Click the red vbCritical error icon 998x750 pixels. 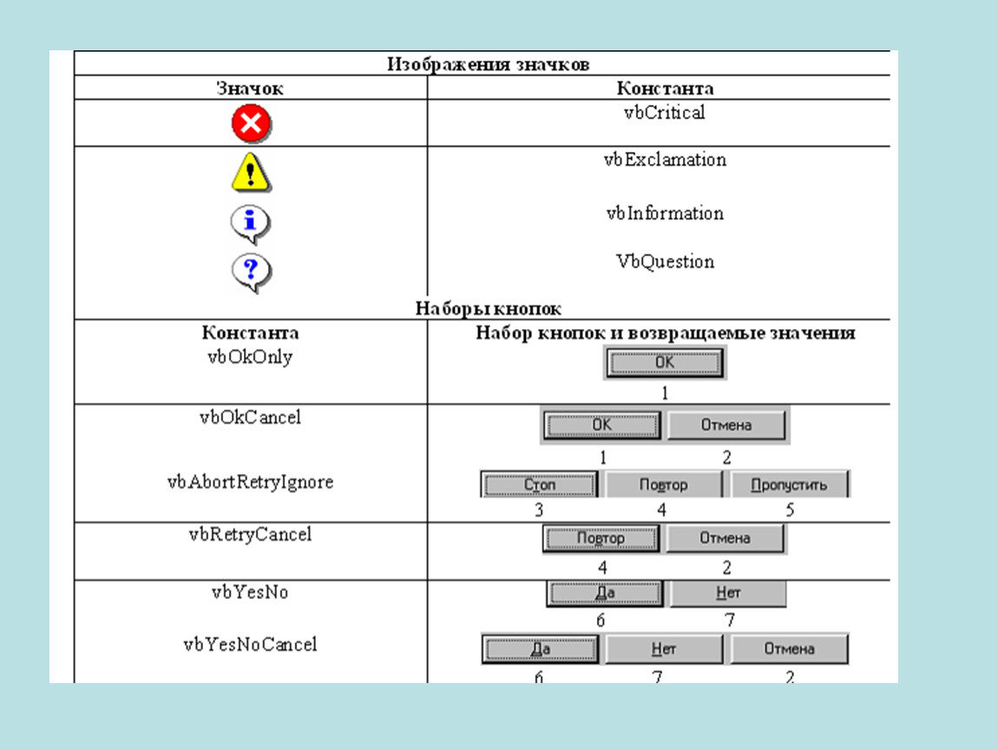click(x=251, y=123)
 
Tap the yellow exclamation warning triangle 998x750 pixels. click(x=251, y=172)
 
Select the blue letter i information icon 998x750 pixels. click(x=251, y=224)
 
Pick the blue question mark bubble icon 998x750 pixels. click(x=251, y=273)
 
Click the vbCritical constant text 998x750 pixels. click(x=665, y=113)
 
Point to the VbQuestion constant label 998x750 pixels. click(x=665, y=261)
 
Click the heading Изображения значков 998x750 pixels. click(x=489, y=64)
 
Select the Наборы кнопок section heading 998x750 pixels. click(x=489, y=309)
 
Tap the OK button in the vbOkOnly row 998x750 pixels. click(x=665, y=362)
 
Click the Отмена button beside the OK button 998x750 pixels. click(x=726, y=424)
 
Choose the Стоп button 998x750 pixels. click(x=539, y=484)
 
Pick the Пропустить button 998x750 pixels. click(x=789, y=484)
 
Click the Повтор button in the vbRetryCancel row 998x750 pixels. click(x=601, y=538)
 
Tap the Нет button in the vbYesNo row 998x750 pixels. click(x=728, y=593)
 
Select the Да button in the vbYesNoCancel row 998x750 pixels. click(x=540, y=648)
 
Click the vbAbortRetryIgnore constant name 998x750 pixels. click(x=250, y=482)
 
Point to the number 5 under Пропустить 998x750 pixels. click(x=790, y=510)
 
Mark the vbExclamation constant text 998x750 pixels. click(x=665, y=160)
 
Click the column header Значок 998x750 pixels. click(x=250, y=89)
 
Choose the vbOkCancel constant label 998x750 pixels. click(x=250, y=418)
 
